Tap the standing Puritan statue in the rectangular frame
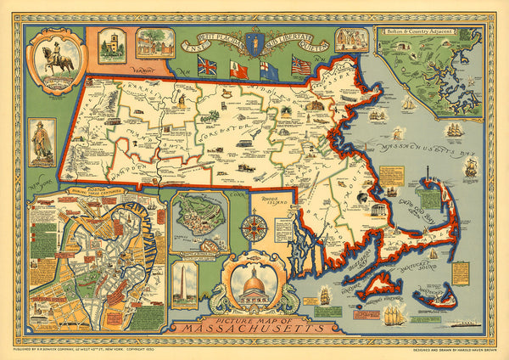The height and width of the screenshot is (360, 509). click(x=42, y=140)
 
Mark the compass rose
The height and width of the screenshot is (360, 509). click(x=251, y=228)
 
